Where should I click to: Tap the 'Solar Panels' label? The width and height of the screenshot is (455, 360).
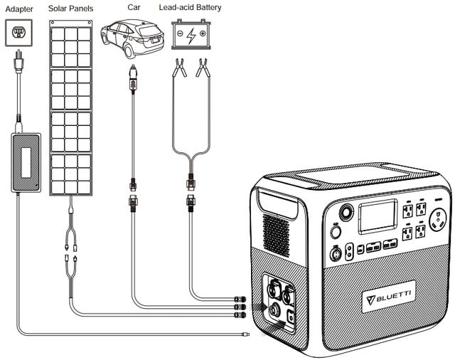[73, 8]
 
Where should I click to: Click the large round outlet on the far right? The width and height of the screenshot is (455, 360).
[438, 218]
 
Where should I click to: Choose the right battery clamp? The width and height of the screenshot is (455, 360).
[203, 69]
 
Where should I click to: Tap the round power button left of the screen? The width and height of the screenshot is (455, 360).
[347, 212]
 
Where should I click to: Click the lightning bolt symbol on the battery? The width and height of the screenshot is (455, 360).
[191, 36]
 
